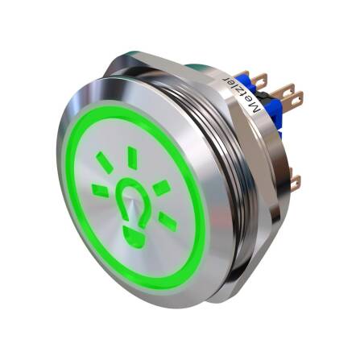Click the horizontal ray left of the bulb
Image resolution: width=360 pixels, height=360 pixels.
pyautogui.click(x=100, y=190)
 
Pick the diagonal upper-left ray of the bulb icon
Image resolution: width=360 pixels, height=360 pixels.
pyautogui.click(x=106, y=163)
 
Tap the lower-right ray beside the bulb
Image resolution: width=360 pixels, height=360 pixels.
pyautogui.click(x=167, y=219)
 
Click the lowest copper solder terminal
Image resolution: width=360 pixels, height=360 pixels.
pyautogui.click(x=295, y=183)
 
